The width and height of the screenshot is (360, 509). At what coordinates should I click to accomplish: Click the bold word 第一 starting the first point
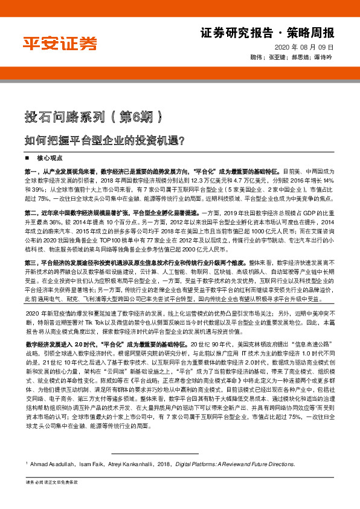[31, 172]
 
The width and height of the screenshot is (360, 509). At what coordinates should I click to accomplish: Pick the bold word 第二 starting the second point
[31, 213]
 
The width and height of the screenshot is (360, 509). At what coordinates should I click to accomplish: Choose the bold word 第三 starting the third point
[31, 263]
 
